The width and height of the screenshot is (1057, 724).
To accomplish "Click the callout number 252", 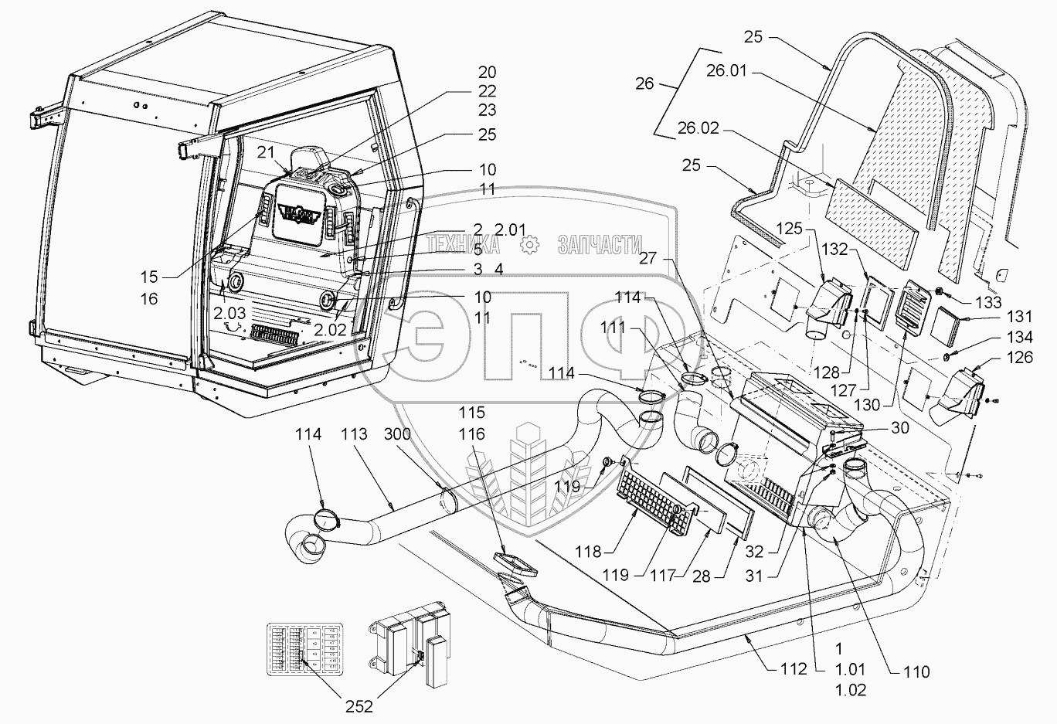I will (x=359, y=705).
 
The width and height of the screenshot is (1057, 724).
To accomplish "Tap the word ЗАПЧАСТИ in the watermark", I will (x=599, y=245).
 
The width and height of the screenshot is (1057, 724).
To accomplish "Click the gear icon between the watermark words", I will (x=528, y=245).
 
